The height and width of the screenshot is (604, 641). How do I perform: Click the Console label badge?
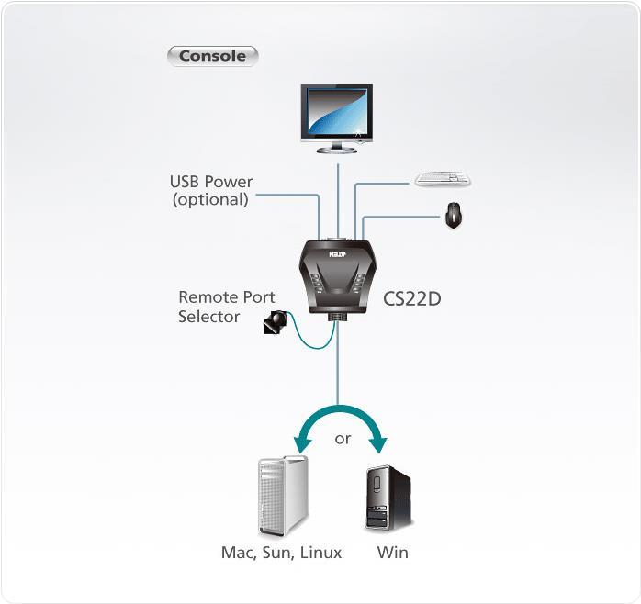point(212,55)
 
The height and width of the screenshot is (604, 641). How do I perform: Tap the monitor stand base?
point(338,148)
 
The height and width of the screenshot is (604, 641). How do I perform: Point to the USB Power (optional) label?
point(211,190)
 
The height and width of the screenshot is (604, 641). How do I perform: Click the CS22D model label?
point(412,297)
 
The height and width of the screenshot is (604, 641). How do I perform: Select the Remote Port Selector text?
point(226,307)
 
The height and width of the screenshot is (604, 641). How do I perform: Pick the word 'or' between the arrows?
point(343,439)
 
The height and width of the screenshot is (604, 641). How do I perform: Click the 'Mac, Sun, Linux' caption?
point(281,553)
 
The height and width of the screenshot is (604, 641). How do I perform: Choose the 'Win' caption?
point(392,553)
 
